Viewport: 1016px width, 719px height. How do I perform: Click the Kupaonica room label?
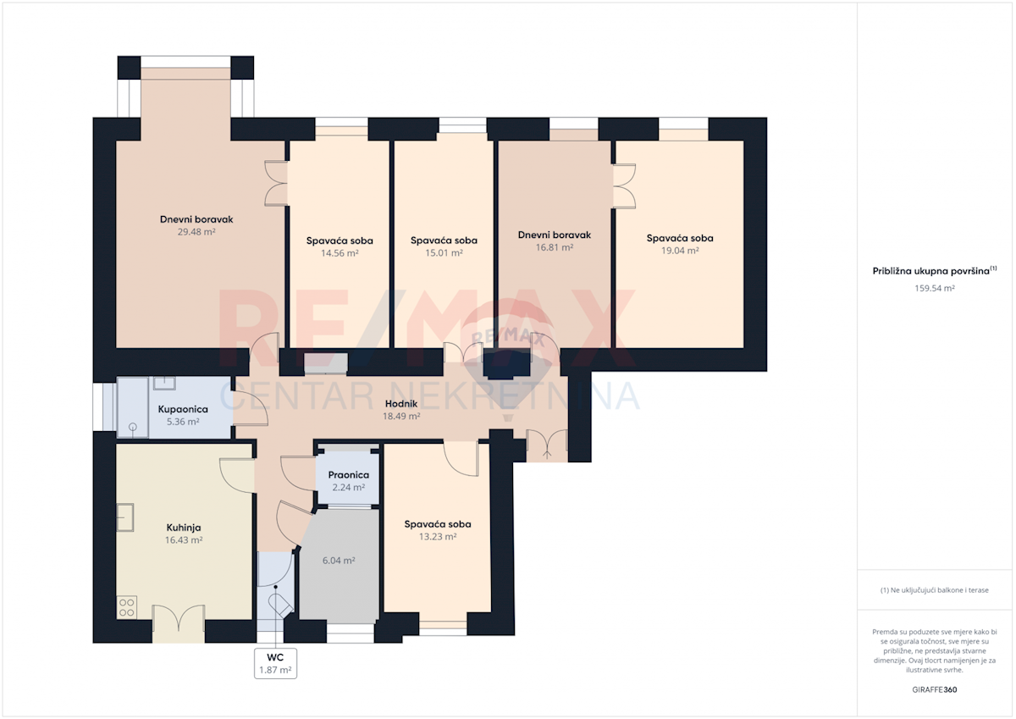tap(183, 409)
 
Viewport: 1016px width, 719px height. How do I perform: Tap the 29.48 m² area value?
tap(196, 232)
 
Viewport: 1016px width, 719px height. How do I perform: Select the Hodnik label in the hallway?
tap(401, 404)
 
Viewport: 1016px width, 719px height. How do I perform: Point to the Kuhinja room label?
tap(184, 528)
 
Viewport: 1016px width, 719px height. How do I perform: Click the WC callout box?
tap(275, 663)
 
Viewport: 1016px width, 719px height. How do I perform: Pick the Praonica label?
tap(348, 475)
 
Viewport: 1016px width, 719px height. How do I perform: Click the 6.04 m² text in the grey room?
tap(339, 561)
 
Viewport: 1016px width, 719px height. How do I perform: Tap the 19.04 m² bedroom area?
tap(679, 251)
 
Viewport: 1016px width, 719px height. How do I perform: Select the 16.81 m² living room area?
tap(555, 247)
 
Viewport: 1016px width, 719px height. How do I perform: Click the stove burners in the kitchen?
tap(127, 608)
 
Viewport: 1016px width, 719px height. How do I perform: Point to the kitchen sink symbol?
tap(125, 517)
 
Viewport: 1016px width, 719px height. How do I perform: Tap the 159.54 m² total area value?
tap(935, 288)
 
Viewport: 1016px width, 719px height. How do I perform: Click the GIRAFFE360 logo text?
tap(935, 689)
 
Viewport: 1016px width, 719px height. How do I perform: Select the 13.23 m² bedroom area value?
tap(437, 537)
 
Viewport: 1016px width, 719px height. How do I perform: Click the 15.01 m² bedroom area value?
tap(444, 252)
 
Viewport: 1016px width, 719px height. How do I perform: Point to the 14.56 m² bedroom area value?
tap(340, 253)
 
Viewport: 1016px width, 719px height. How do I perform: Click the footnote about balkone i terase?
tap(935, 590)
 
